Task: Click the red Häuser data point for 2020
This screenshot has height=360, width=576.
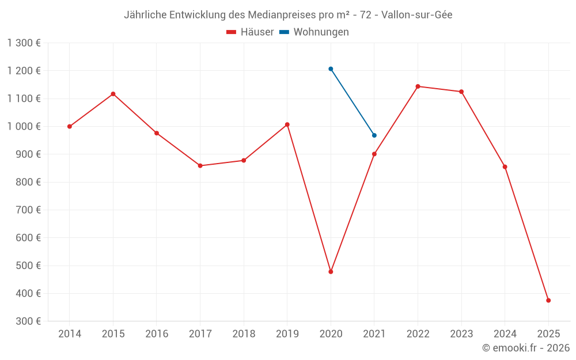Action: [331, 272]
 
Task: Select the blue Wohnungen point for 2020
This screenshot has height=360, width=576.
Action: [331, 69]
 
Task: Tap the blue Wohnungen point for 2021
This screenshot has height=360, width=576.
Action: [374, 135]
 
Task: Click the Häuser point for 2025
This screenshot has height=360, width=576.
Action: [548, 300]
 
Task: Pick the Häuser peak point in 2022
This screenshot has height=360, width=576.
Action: [418, 86]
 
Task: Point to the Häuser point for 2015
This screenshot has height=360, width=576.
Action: [113, 94]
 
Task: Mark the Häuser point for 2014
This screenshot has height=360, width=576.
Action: [70, 127]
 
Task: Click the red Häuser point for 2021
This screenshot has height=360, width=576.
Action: [374, 154]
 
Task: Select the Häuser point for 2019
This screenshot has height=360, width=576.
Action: [287, 124]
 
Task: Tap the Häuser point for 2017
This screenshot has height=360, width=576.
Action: [200, 166]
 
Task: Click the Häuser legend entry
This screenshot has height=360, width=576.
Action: [250, 32]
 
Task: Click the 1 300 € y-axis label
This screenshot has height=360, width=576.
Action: [24, 43]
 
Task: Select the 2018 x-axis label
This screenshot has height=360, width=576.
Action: [244, 334]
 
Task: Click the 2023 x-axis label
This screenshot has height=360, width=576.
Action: [461, 334]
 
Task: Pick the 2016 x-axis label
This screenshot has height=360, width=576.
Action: [157, 334]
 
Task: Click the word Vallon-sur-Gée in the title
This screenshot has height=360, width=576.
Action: [415, 15]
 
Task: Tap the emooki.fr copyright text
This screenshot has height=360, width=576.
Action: [526, 348]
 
